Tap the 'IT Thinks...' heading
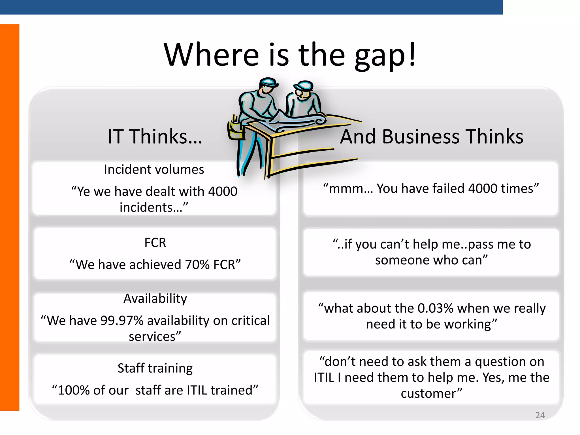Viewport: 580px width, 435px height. pos(155,137)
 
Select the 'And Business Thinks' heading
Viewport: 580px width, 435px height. pos(432,137)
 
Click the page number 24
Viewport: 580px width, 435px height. pos(540,415)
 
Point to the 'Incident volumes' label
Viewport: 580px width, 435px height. pos(154,169)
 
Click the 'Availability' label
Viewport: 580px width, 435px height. pos(155,298)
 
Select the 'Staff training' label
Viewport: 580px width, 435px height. pos(155,368)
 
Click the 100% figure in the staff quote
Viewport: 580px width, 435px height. pos(74,390)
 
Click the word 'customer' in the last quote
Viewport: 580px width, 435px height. pos(428,394)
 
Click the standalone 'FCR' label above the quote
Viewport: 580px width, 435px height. pos(155,243)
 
